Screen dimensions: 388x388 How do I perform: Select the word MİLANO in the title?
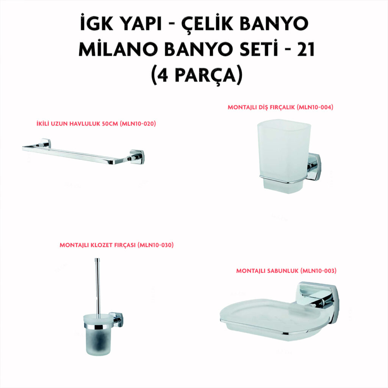click(x=118, y=49)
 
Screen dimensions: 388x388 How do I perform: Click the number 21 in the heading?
click(x=306, y=49)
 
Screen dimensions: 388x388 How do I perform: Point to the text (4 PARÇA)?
click(x=197, y=75)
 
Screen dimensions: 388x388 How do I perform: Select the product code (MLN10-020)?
click(x=138, y=124)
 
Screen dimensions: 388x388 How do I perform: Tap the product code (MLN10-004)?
click(x=315, y=107)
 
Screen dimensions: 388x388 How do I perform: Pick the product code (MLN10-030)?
click(x=156, y=245)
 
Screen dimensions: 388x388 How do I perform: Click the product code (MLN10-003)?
click(x=318, y=271)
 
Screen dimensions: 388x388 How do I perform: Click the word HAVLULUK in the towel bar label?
click(x=84, y=124)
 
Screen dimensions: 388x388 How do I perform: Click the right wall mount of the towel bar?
click(x=136, y=157)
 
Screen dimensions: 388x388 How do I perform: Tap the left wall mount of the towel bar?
click(x=45, y=143)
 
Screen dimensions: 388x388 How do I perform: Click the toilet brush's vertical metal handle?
click(x=98, y=287)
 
